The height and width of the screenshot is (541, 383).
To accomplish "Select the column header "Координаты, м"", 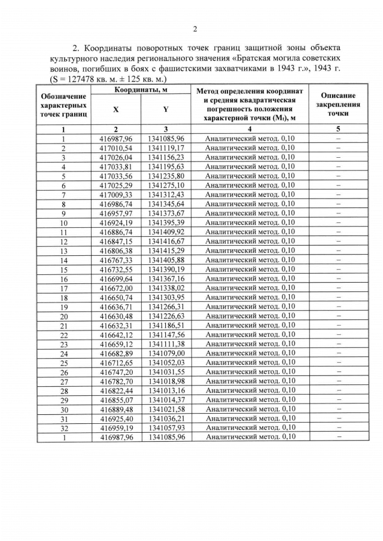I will click(141, 90).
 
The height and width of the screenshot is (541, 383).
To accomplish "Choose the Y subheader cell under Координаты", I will click(166, 110).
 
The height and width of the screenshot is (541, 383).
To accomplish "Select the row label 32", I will click(63, 429).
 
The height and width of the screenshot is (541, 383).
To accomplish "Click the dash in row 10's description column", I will click(338, 223).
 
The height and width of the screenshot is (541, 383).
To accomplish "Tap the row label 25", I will click(63, 363).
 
